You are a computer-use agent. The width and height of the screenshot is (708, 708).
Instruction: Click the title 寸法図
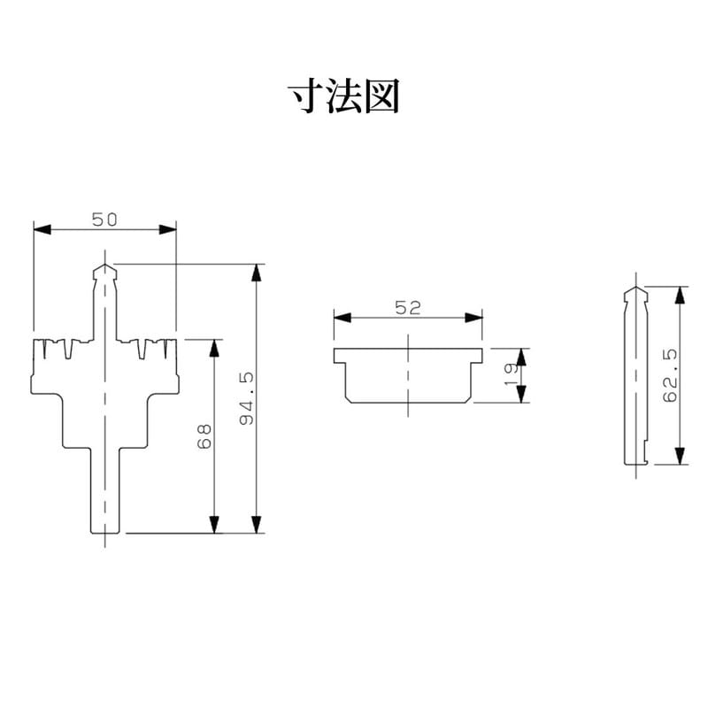click(x=344, y=96)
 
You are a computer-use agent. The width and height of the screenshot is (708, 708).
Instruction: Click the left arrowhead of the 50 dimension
click(x=40, y=229)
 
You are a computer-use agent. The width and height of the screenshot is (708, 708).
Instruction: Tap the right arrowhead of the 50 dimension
click(x=170, y=229)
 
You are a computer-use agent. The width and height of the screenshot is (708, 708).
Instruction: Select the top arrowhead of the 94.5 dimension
click(x=258, y=271)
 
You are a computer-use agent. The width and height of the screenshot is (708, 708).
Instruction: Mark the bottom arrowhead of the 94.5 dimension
click(x=258, y=527)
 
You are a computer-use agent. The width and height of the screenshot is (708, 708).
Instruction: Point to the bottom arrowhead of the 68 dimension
click(x=213, y=527)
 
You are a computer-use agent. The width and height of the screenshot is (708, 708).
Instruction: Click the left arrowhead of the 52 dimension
click(x=340, y=318)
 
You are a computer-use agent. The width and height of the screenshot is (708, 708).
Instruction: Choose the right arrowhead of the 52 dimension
click(x=476, y=318)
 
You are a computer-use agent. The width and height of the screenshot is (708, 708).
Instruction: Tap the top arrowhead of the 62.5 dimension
click(x=680, y=293)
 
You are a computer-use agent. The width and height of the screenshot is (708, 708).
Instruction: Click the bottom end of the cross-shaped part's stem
click(x=105, y=533)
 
